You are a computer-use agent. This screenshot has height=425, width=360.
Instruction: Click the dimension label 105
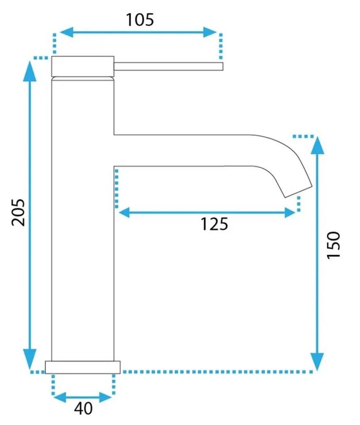[140, 20]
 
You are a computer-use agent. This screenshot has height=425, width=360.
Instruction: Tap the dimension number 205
[19, 212]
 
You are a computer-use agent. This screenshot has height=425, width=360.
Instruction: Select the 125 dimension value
[214, 224]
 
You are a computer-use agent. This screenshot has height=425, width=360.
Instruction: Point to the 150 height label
[333, 245]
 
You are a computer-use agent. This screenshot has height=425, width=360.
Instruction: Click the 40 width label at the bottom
[84, 408]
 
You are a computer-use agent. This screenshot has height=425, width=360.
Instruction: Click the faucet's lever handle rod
[169, 66]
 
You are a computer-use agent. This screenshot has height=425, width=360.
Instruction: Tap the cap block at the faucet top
[83, 66]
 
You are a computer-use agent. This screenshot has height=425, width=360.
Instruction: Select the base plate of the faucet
[83, 367]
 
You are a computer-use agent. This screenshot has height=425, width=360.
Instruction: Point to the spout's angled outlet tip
[298, 192]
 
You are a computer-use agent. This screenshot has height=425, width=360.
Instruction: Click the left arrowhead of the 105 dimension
[66, 32]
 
